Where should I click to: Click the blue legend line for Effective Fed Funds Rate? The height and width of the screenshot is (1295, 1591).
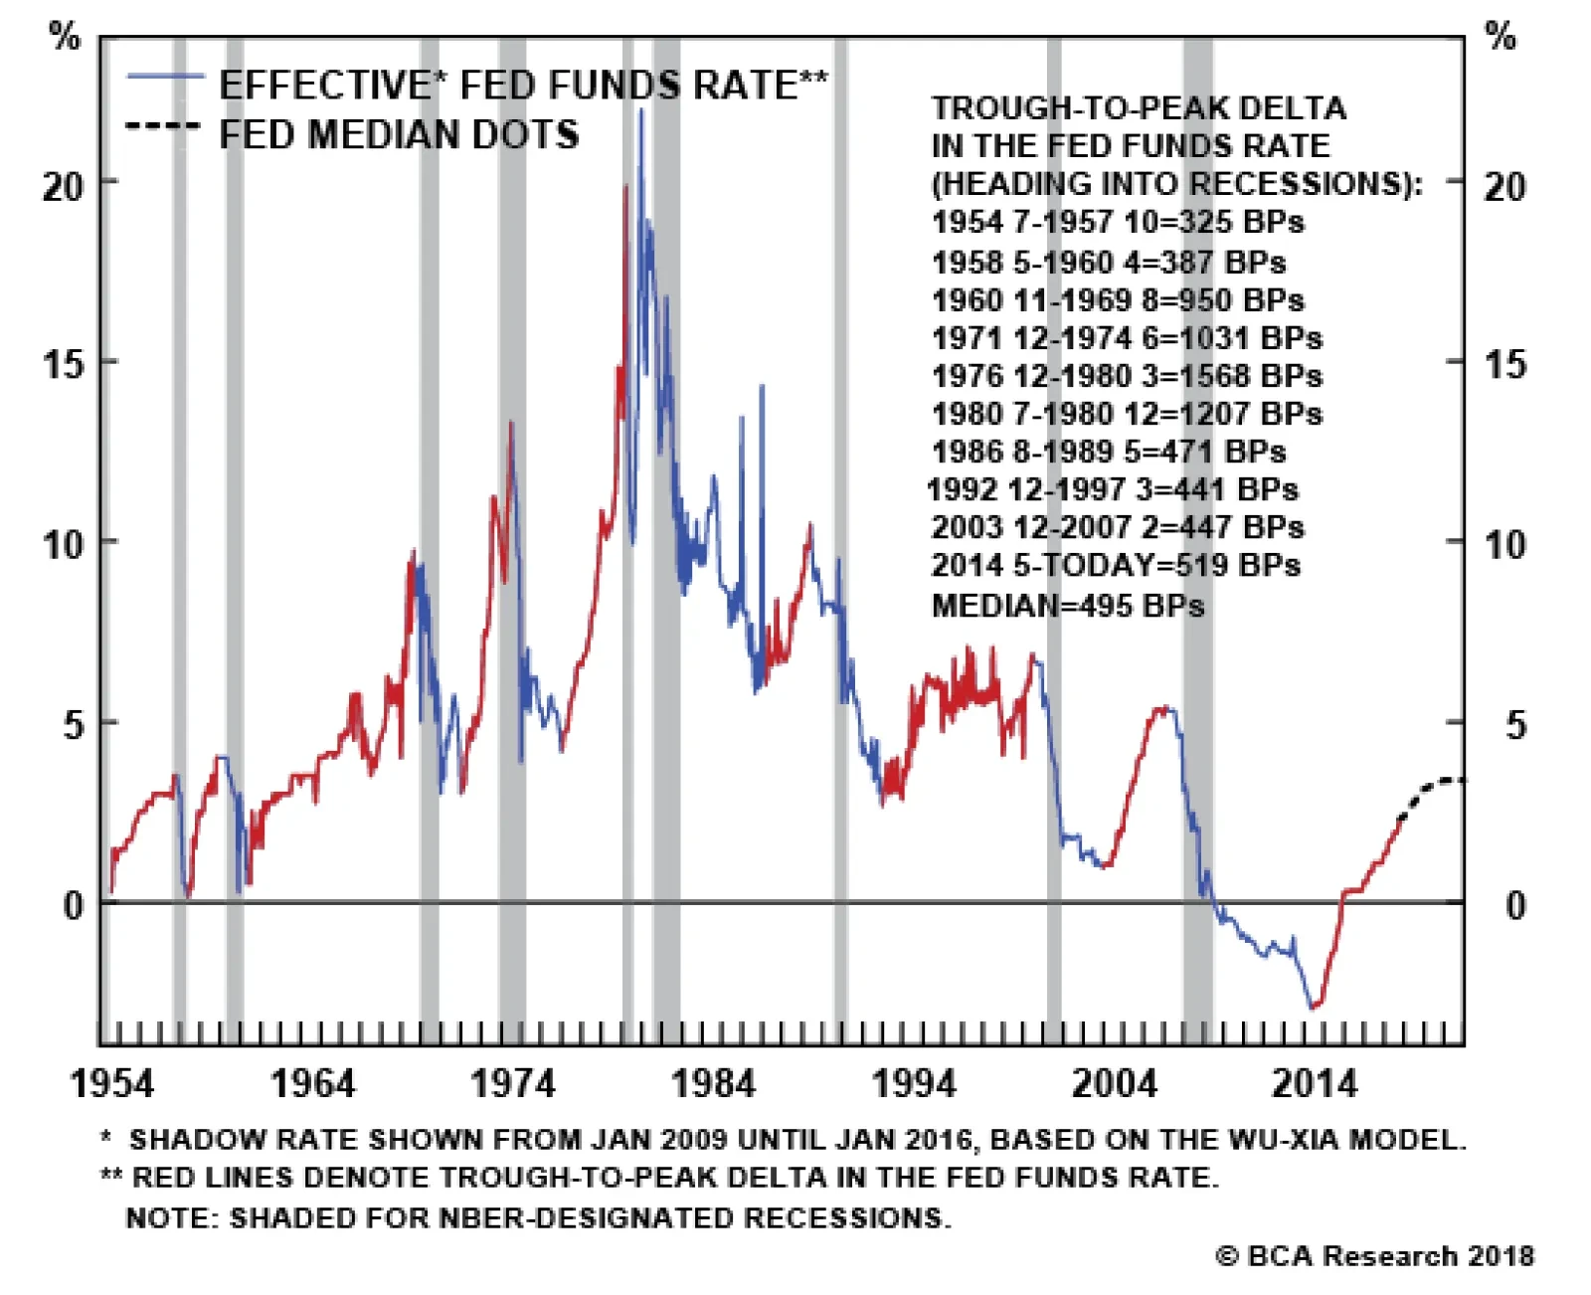point(166,77)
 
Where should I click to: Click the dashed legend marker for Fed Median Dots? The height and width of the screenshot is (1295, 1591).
point(163,126)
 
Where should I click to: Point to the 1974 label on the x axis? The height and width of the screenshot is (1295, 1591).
point(513,1084)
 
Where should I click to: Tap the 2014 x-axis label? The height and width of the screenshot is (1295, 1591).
point(1315,1084)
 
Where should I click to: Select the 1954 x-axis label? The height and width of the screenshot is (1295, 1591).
point(112,1084)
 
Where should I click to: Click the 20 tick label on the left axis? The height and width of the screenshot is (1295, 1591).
point(63,186)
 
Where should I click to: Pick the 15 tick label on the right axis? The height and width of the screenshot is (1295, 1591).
point(1505,365)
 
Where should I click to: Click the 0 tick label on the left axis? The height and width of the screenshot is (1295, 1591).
point(74,906)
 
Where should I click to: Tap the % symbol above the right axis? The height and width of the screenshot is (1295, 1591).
point(1501,36)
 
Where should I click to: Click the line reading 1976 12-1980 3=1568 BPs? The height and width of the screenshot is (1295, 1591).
point(1128,376)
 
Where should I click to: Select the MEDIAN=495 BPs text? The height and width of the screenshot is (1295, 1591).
point(1068,605)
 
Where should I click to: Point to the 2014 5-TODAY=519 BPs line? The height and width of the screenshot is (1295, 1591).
point(1116,566)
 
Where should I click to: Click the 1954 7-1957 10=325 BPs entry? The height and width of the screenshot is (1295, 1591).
point(1119,223)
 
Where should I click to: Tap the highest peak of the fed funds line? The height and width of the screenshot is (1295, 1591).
point(640,110)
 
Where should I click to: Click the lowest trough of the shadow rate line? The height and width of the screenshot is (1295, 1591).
point(1313,1008)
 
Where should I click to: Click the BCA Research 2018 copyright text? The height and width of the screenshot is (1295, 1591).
point(1375,1255)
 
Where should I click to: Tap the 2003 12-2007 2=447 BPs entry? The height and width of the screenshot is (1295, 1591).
point(1119,527)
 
